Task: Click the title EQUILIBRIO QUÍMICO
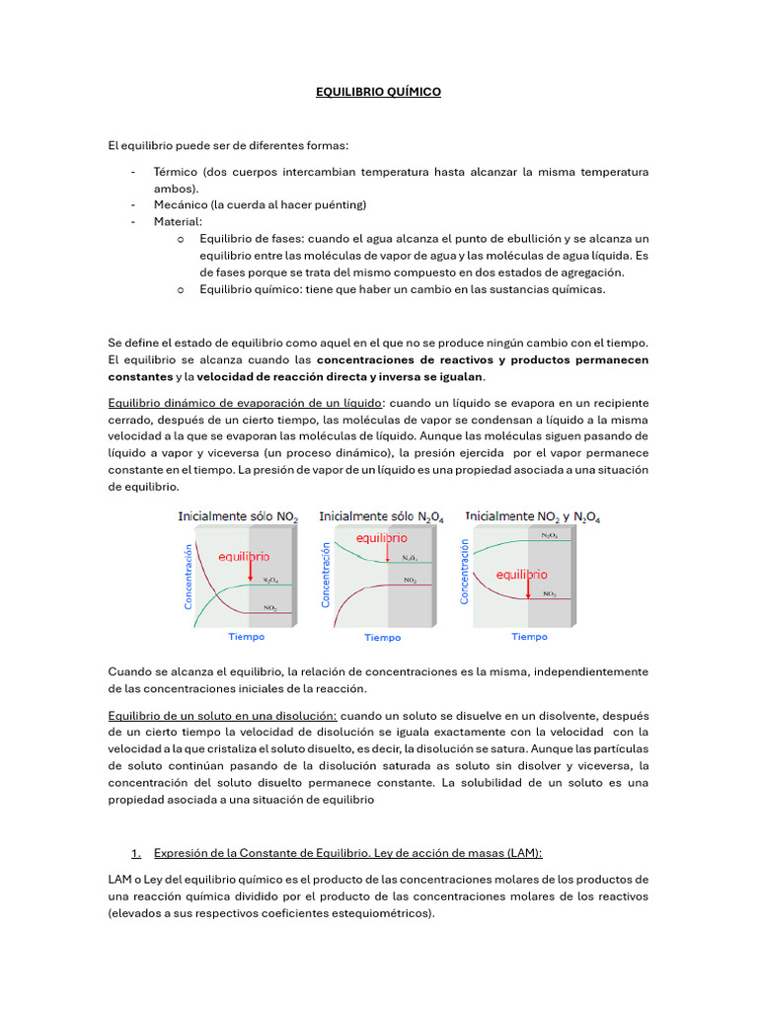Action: click(x=378, y=92)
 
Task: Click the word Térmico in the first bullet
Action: click(x=176, y=172)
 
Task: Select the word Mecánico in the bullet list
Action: click(x=181, y=205)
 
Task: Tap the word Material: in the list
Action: click(x=178, y=222)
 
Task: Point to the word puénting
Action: click(x=338, y=205)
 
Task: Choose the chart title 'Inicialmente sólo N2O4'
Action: click(x=380, y=516)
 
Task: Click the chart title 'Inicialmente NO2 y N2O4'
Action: click(x=532, y=516)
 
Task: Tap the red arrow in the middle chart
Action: click(x=388, y=555)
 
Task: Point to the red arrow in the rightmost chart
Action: click(x=528, y=589)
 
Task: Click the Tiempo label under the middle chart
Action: click(x=382, y=638)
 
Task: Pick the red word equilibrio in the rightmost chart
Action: click(x=521, y=574)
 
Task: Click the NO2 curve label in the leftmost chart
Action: click(x=269, y=608)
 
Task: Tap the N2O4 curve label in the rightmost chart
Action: click(x=549, y=535)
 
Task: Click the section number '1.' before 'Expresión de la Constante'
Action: click(x=136, y=853)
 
